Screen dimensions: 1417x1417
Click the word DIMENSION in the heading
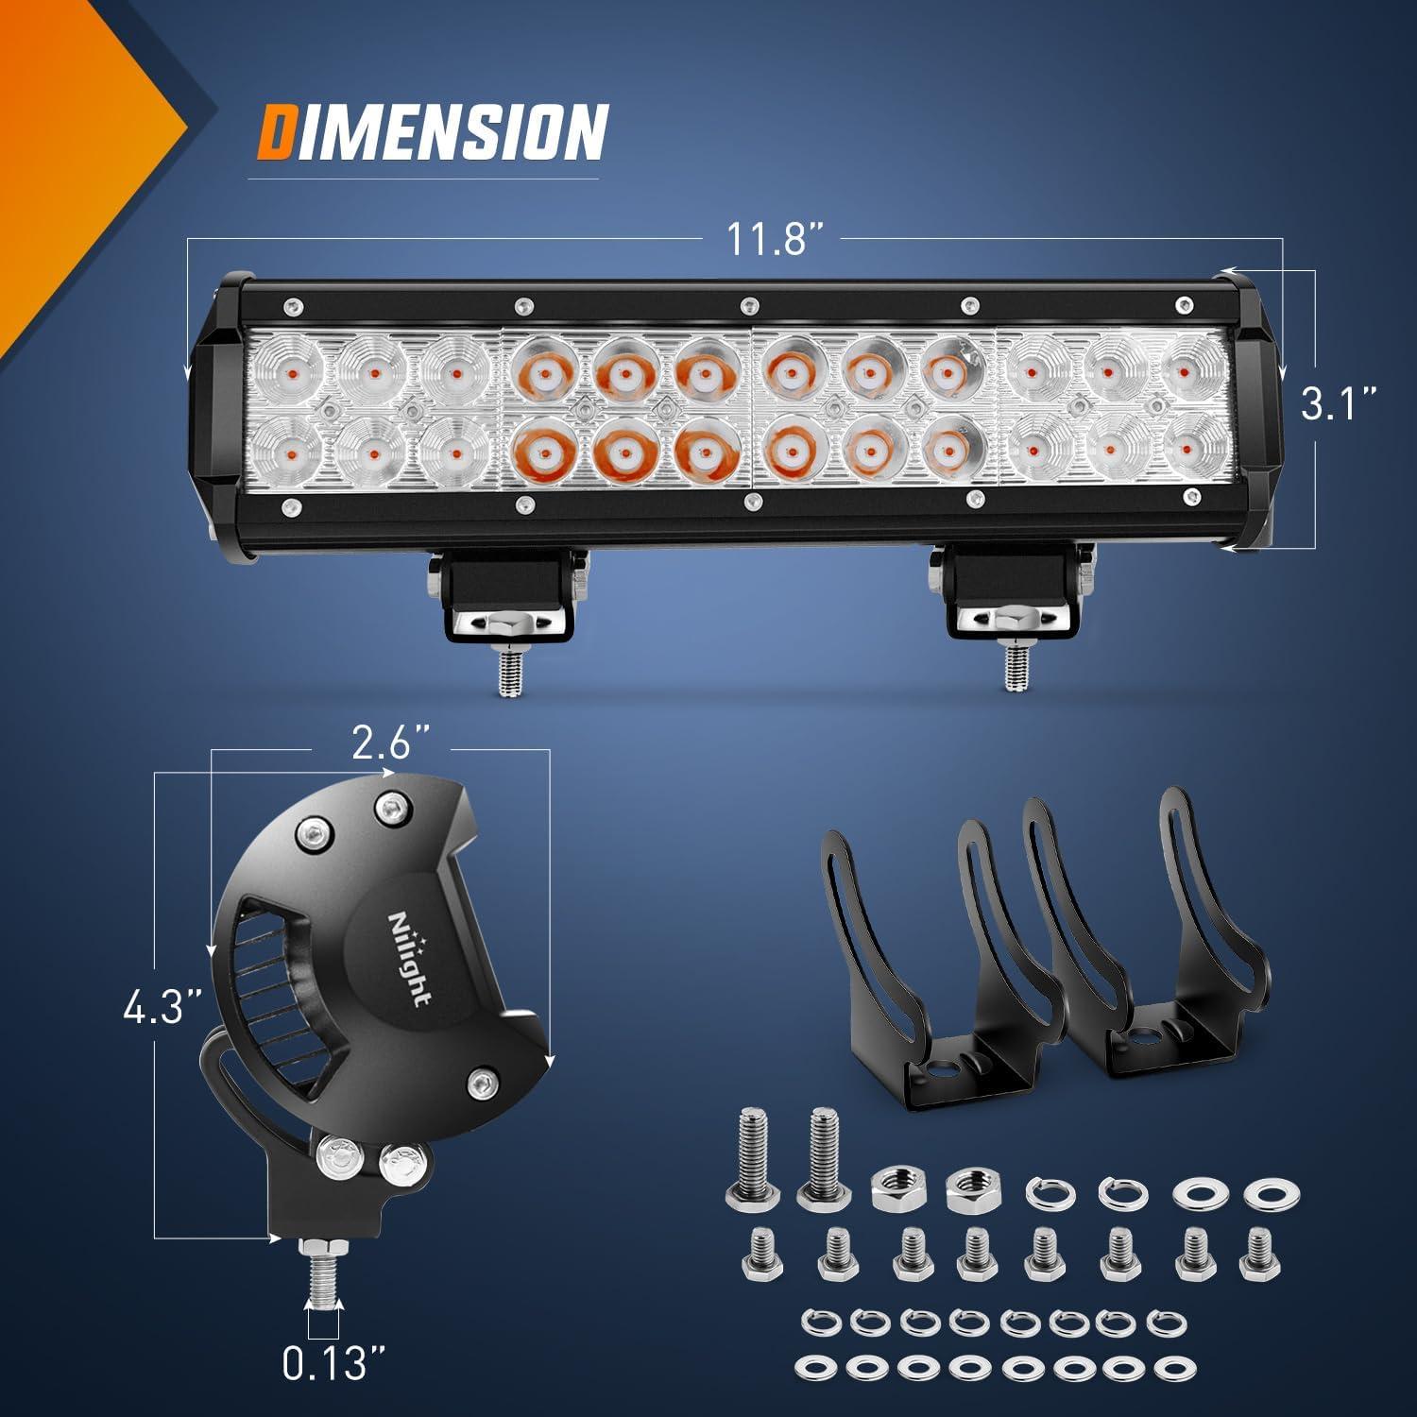point(432,132)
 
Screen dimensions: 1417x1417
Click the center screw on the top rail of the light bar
point(748,305)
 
